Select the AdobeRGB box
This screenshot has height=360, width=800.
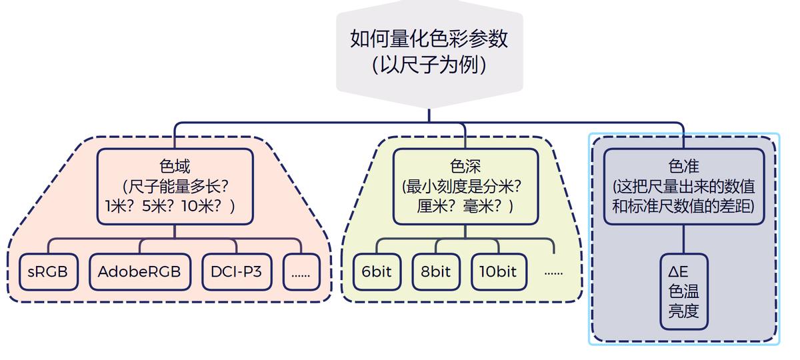point(139,272)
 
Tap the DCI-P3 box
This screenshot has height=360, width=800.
point(236,272)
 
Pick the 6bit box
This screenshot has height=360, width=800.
point(377,272)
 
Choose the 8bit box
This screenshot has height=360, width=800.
point(435,272)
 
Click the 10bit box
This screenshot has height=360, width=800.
point(497,272)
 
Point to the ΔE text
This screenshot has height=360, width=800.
point(678,273)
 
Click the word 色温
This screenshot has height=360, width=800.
point(683,292)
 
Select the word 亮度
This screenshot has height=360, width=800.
point(683,311)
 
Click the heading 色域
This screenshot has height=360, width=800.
point(175,165)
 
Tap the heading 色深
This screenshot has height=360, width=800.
point(465,165)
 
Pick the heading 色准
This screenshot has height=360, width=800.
point(683,165)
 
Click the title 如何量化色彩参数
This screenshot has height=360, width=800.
point(429,39)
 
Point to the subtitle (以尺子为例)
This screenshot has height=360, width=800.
point(429,65)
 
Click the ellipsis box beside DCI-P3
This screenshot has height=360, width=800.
point(301,272)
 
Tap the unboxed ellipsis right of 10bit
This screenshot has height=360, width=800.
point(553,273)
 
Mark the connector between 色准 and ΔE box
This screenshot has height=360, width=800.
point(683,239)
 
